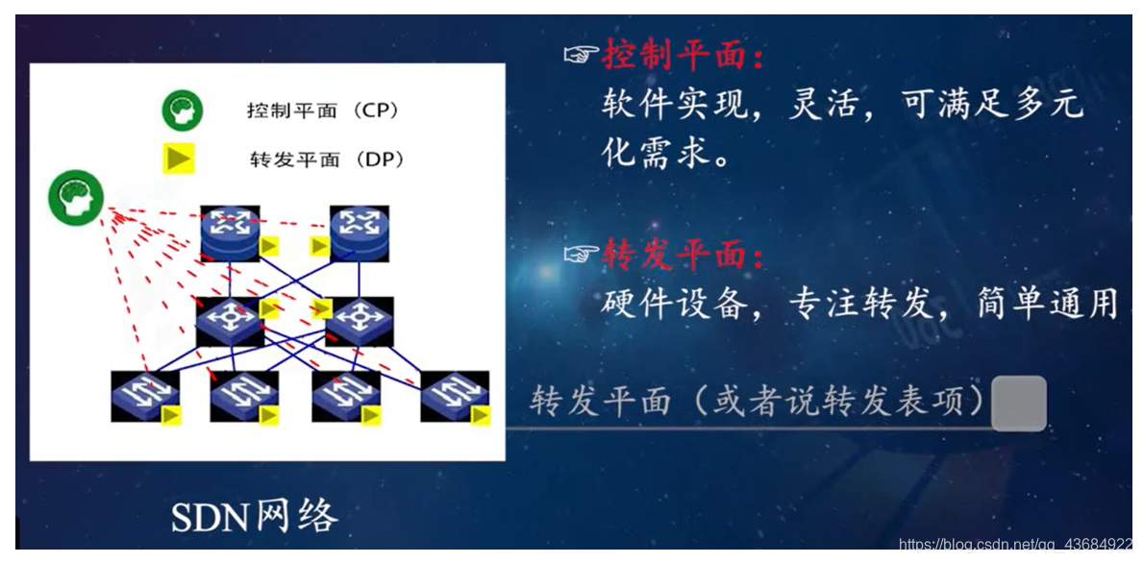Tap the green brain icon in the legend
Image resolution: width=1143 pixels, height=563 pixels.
click(x=182, y=110)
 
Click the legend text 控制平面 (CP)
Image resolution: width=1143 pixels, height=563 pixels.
click(x=322, y=110)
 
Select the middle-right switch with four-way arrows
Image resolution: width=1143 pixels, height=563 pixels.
click(x=359, y=321)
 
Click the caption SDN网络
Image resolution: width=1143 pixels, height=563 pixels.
click(x=255, y=517)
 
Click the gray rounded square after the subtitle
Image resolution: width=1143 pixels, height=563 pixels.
click(x=1018, y=404)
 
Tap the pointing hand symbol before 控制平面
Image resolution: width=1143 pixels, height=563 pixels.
click(x=581, y=57)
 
